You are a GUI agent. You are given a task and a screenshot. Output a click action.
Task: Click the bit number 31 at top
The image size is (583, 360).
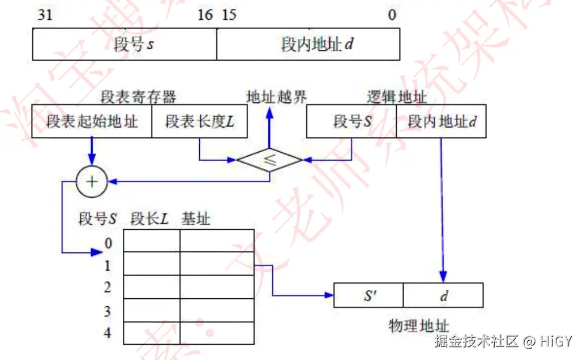(x=45, y=15)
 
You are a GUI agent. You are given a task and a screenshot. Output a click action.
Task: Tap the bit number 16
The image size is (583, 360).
(x=205, y=15)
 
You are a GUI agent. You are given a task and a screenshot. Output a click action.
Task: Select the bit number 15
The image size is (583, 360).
(x=229, y=15)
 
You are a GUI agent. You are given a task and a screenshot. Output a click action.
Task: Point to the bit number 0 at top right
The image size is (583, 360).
(x=392, y=15)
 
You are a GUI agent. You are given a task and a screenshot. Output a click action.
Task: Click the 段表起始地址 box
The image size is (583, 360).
(x=92, y=121)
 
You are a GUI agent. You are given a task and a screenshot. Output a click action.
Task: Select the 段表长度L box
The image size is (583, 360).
(x=199, y=121)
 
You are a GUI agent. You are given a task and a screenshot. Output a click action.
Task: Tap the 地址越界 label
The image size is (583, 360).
(x=276, y=97)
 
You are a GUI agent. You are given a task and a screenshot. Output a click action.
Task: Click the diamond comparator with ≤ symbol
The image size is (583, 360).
(x=270, y=160)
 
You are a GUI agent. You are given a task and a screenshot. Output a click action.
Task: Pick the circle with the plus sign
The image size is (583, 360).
(x=91, y=181)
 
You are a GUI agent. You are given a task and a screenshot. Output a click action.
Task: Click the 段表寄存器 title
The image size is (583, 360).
(x=138, y=97)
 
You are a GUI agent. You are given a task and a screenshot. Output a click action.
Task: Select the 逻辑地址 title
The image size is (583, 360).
(x=396, y=97)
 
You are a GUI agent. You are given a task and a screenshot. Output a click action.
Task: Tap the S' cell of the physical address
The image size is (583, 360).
(x=369, y=295)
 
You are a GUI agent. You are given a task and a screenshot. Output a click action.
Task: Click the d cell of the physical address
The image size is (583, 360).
(x=443, y=295)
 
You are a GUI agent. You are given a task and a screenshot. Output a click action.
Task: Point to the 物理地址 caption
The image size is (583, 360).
(x=419, y=325)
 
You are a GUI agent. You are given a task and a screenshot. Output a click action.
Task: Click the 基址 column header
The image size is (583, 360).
(x=195, y=218)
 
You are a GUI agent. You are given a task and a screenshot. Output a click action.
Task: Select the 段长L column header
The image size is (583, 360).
(x=149, y=218)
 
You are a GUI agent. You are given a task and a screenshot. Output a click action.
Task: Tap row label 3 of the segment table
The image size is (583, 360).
(x=108, y=311)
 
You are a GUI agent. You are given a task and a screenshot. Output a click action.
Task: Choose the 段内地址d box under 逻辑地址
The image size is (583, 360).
(x=442, y=121)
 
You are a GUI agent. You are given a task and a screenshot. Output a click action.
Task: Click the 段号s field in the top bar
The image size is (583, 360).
(x=134, y=44)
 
